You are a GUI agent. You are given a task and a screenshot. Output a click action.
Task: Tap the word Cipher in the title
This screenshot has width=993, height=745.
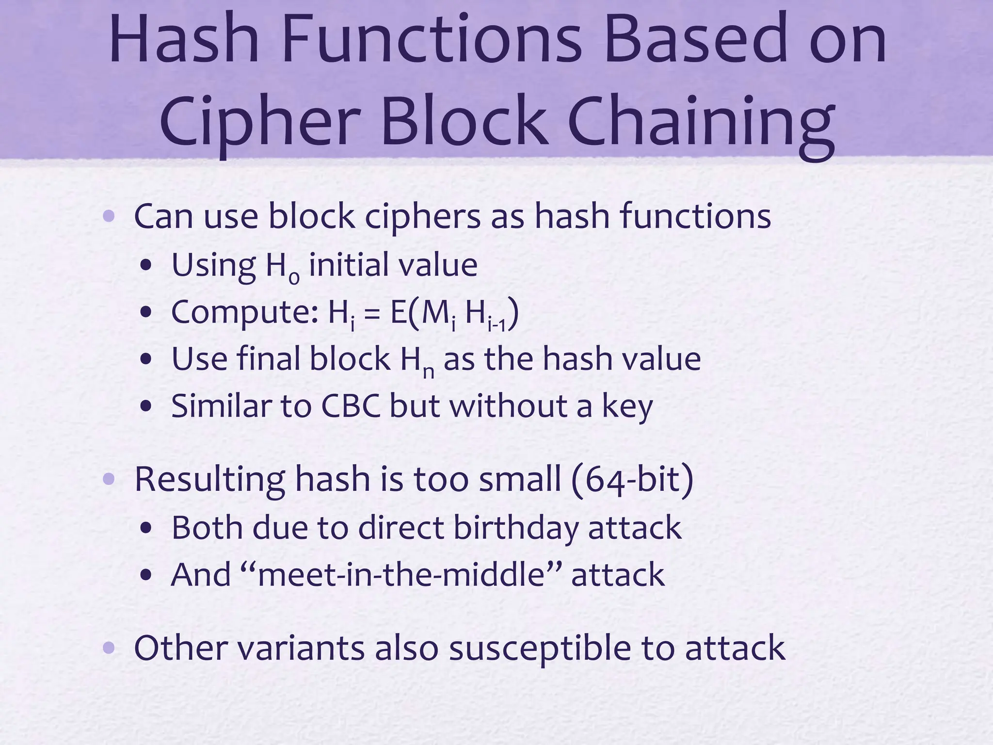point(259,121)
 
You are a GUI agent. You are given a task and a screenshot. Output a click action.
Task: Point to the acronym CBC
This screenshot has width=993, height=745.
point(351,406)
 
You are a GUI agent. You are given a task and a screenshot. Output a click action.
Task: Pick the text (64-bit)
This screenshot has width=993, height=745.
point(632,479)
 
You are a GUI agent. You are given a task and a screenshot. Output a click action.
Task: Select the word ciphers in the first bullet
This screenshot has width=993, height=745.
point(422,217)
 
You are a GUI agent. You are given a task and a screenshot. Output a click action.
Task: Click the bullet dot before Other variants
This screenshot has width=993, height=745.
point(109,648)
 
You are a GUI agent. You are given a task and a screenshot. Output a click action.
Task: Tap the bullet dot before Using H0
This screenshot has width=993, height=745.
point(146,266)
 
